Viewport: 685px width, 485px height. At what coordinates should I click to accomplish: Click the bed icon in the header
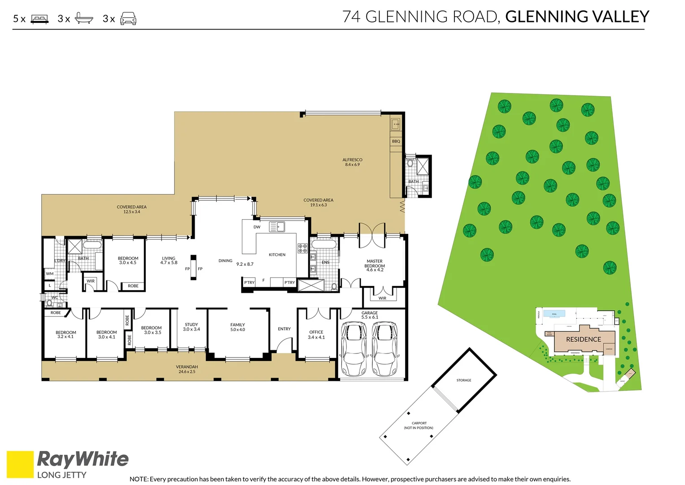click(x=39, y=19)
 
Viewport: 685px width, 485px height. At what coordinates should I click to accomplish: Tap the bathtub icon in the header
click(x=84, y=18)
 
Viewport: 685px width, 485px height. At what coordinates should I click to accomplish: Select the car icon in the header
click(x=128, y=18)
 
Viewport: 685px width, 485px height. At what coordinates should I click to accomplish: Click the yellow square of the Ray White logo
click(x=20, y=464)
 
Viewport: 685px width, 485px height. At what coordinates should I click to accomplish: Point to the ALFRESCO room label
click(x=352, y=162)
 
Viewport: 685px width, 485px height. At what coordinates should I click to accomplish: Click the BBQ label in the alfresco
click(x=396, y=141)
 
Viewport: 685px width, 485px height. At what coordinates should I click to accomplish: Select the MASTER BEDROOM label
click(x=375, y=265)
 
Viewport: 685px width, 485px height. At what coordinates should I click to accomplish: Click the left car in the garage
click(x=354, y=349)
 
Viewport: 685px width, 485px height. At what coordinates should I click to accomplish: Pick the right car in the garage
click(x=384, y=349)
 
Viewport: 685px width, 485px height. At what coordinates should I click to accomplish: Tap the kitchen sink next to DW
click(x=277, y=227)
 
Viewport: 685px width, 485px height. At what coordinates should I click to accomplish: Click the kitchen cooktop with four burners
click(x=302, y=248)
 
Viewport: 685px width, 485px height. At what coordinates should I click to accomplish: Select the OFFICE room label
click(x=316, y=335)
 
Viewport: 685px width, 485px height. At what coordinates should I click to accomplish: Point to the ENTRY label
click(x=284, y=329)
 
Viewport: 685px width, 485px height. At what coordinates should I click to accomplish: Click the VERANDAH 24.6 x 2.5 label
click(x=187, y=369)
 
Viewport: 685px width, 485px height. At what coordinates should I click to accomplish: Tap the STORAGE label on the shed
click(x=464, y=380)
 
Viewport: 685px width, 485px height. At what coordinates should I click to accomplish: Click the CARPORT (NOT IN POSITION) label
click(x=419, y=425)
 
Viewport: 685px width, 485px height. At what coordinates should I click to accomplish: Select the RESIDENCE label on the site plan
click(x=583, y=339)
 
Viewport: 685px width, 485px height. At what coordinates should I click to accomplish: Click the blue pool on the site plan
click(x=554, y=313)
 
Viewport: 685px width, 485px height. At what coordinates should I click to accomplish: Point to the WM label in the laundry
click(x=50, y=273)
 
